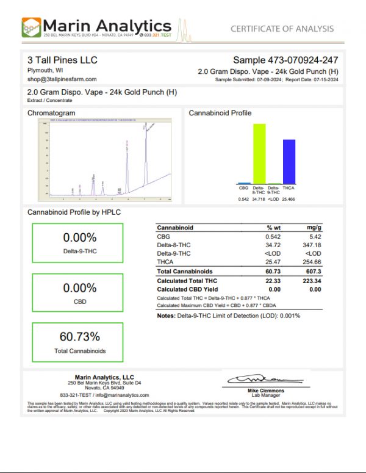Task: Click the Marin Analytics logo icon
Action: [x=32, y=28]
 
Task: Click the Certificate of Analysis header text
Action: [x=282, y=29]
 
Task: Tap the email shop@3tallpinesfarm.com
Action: [x=60, y=80]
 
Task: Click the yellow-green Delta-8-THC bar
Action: [x=259, y=153]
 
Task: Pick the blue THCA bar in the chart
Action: [x=289, y=161]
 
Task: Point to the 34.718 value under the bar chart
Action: [x=259, y=199]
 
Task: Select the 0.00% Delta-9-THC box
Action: [x=77, y=243]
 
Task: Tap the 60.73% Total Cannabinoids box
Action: [x=77, y=342]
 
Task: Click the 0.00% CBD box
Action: [x=77, y=293]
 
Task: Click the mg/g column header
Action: [x=314, y=228]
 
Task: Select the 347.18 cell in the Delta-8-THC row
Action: [x=310, y=244]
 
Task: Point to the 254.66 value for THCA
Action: [x=310, y=261]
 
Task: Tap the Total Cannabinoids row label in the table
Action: [x=184, y=271]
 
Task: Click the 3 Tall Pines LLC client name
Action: [x=62, y=60]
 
